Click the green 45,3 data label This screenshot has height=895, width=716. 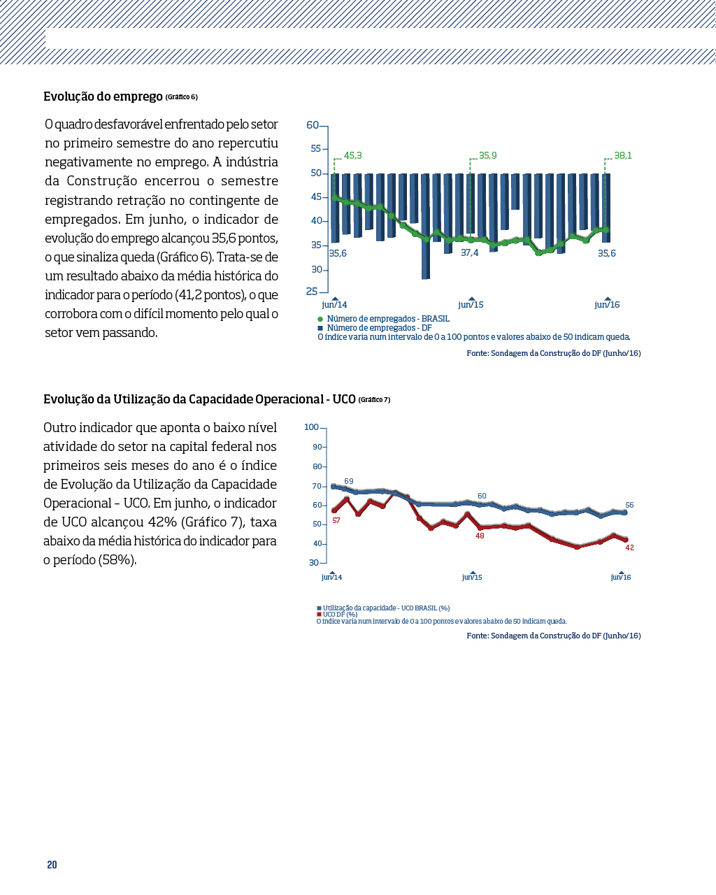353,155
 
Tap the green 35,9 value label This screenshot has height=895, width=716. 487,155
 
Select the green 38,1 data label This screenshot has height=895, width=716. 623,155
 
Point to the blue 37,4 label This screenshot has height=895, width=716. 469,253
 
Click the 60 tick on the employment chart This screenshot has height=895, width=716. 313,125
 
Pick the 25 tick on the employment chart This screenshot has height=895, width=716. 312,292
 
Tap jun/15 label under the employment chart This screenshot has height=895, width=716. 471,304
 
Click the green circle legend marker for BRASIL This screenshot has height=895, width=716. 320,319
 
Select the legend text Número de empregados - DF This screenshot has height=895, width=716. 380,328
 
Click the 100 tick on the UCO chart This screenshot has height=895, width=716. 311,427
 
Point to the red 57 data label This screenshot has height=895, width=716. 336,520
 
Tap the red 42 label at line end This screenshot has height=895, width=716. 629,547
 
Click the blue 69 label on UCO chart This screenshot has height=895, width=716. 349,481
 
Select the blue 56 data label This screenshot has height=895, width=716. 629,505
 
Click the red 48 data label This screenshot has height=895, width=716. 480,536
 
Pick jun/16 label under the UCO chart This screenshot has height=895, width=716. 621,577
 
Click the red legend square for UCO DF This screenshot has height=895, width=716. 319,615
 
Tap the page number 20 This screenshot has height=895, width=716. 52,865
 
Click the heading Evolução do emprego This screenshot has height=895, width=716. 103,96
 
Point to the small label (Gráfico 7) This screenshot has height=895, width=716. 374,400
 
